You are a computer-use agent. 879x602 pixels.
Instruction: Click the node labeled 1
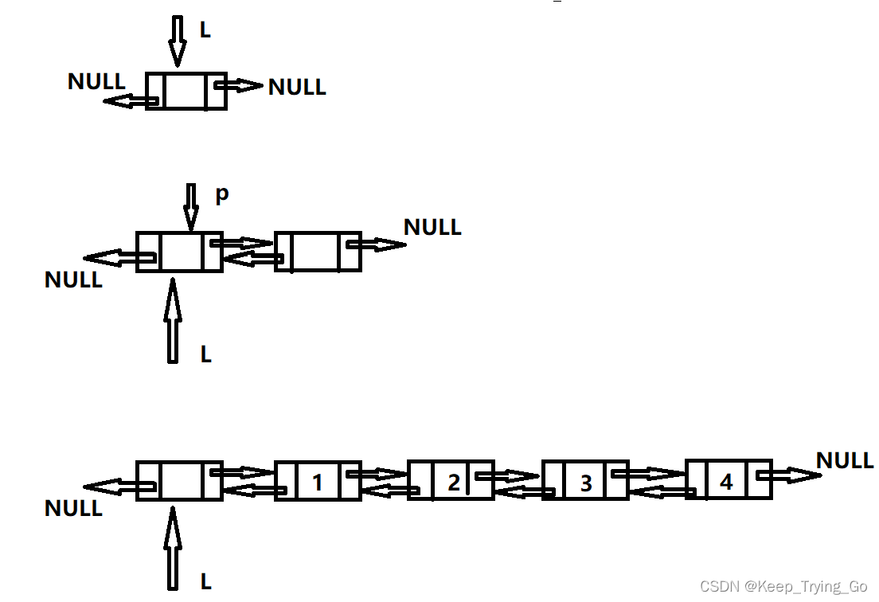click(318, 480)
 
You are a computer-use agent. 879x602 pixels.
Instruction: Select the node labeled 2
click(451, 480)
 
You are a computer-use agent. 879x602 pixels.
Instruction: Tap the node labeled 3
click(585, 481)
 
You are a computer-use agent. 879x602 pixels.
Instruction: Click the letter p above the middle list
click(222, 194)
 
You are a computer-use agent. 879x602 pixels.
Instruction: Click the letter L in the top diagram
click(205, 30)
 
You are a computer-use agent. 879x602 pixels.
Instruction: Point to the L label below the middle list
click(205, 354)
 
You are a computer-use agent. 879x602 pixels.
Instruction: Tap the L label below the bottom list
click(205, 582)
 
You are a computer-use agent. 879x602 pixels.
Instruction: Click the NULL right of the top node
click(297, 87)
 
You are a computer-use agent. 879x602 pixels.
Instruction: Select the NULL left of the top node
click(96, 81)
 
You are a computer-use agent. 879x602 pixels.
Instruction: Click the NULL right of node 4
click(845, 460)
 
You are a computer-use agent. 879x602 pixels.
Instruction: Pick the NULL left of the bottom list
click(73, 508)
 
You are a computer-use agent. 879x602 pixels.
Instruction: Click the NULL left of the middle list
click(73, 280)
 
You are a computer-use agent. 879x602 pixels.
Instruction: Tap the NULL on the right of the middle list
click(432, 227)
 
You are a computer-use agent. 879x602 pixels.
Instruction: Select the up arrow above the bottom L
click(172, 549)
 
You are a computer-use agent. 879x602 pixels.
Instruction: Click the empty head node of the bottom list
click(179, 480)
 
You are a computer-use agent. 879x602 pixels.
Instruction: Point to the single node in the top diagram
click(186, 92)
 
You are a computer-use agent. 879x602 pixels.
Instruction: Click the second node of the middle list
click(318, 252)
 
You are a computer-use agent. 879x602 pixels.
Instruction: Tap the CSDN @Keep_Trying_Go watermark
click(783, 587)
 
